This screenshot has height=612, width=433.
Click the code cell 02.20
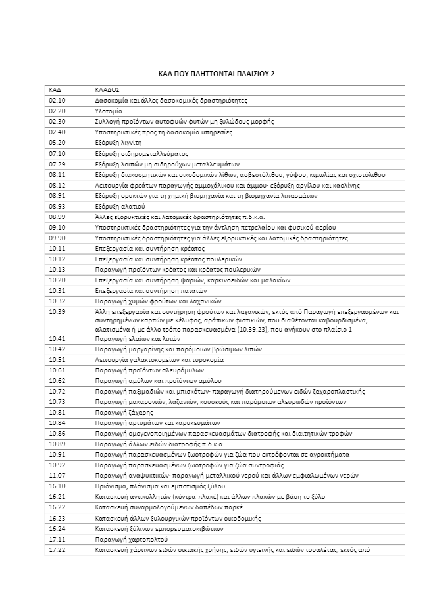point(57,111)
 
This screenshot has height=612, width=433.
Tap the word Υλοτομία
point(109,111)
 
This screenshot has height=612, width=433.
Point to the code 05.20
point(57,143)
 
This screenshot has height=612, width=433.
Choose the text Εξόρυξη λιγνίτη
point(118,143)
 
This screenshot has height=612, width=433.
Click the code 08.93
point(57,206)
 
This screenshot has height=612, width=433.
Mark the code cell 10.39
point(57,311)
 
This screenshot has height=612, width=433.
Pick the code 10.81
point(57,412)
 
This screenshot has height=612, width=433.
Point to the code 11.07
point(57,475)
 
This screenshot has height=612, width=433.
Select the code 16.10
point(57,486)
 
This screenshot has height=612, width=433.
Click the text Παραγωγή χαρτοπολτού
point(128,539)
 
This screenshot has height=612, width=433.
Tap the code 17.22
point(57,549)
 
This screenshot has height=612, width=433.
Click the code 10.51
point(57,359)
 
